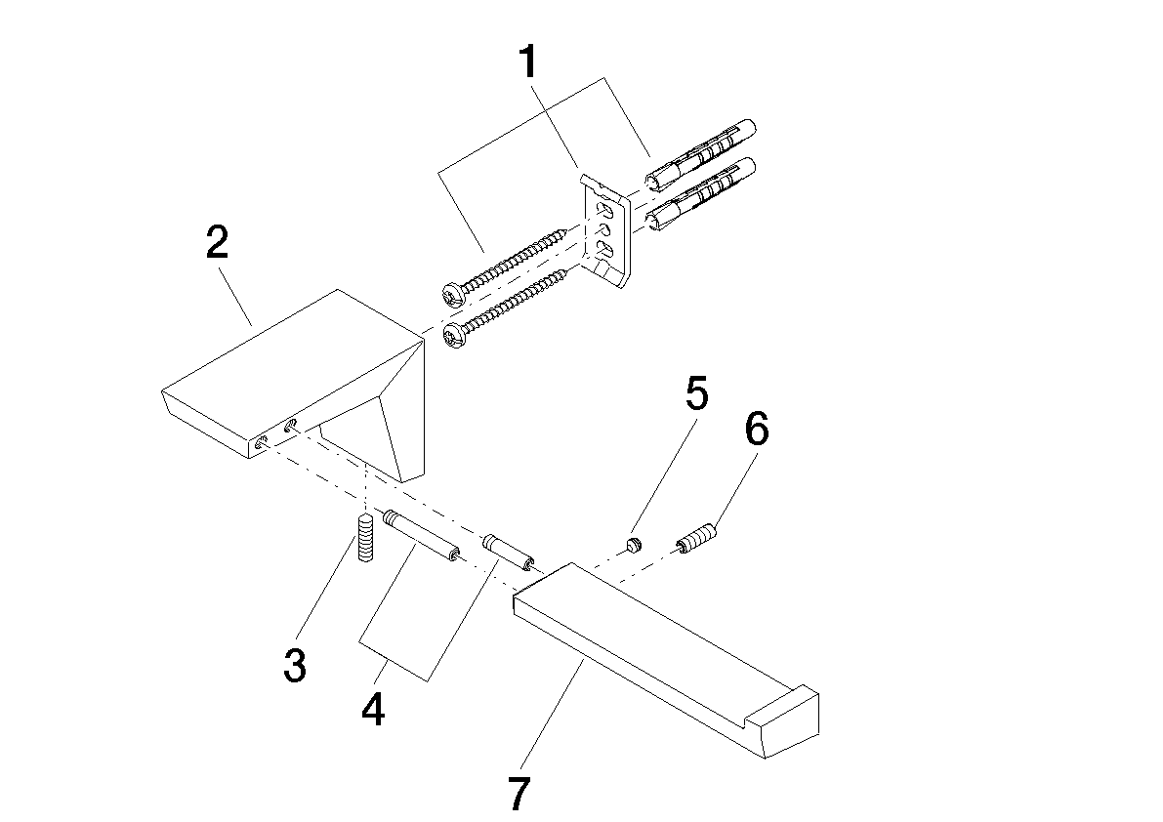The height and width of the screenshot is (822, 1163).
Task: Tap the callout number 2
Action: [x=218, y=242]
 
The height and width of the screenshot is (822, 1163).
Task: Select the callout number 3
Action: [x=295, y=665]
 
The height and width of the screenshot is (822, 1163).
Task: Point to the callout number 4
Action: [x=373, y=709]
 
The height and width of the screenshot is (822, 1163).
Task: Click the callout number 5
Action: [x=696, y=392]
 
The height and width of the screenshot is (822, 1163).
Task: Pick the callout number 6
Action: [x=757, y=429]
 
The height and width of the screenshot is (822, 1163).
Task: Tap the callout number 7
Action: [x=519, y=793]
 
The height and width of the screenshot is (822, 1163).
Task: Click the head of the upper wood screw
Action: [x=453, y=294]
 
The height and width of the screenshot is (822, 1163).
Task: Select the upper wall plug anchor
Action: [x=700, y=154]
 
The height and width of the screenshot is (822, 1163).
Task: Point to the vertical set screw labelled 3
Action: [x=364, y=537]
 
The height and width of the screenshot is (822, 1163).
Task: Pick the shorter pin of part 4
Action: [x=509, y=552]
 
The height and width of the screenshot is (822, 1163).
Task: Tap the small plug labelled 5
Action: [x=632, y=547]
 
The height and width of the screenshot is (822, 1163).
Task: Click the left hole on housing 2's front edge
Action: [x=261, y=443]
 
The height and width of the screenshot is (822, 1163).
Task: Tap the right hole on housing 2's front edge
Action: [x=291, y=426]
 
